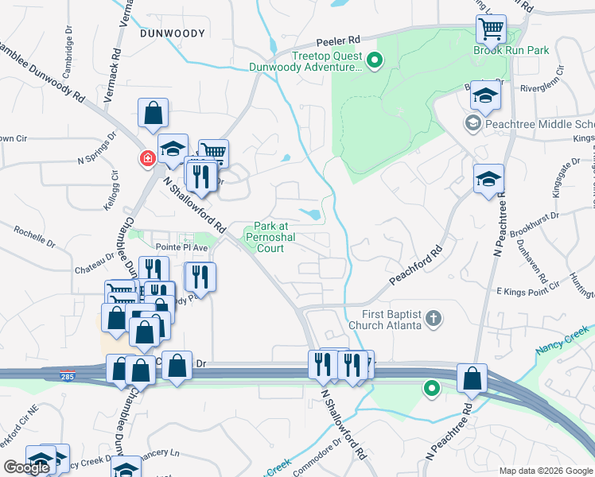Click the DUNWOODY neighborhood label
(172, 33)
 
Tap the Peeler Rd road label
(337, 39)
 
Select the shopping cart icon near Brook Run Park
(492, 29)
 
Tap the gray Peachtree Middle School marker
(472, 123)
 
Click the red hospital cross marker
(147, 159)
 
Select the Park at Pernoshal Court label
(264, 237)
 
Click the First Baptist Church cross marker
(434, 319)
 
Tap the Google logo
(26, 467)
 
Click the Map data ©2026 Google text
(546, 471)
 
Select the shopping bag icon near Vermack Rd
(153, 114)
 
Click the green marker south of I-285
(431, 389)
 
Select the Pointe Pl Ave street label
(165, 247)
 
